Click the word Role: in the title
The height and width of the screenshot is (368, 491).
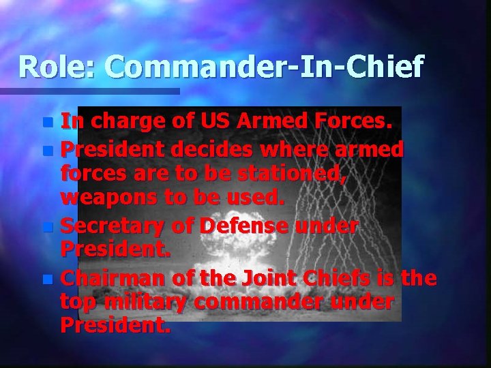(58, 67)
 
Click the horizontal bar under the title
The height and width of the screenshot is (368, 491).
(89, 91)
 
